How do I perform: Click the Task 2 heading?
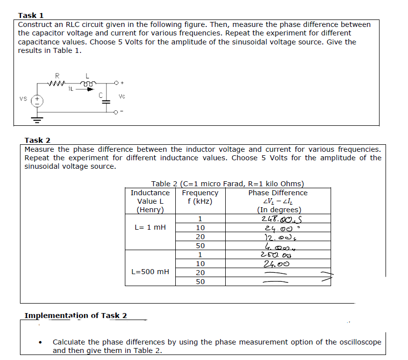tap(37, 140)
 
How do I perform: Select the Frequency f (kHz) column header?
tap(200, 197)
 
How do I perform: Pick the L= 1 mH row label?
tap(149, 228)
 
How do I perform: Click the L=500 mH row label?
tap(149, 272)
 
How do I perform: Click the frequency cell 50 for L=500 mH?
tap(200, 282)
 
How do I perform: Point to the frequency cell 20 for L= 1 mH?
tap(200, 237)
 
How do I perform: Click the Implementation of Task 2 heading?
tap(75, 315)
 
